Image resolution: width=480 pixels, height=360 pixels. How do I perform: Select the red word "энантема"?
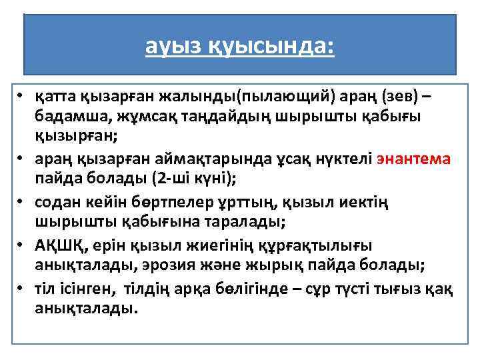414,159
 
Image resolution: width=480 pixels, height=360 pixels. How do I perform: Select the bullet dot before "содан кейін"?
22,201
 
